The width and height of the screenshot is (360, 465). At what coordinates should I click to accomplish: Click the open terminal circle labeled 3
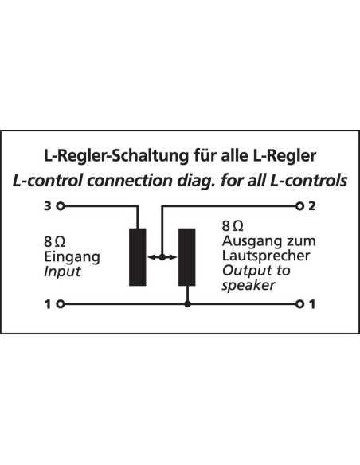coord(61,205)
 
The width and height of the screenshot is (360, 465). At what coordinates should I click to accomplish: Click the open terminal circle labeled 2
coord(299,205)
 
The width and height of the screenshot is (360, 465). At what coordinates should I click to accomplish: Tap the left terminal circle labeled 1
coord(61,304)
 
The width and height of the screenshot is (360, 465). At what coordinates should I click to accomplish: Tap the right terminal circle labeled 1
coord(299,304)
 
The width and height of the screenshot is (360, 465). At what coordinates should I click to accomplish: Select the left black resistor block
coord(138,257)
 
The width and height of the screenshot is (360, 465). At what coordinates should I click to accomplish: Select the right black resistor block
coord(187,257)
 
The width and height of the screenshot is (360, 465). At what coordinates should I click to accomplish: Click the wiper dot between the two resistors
coord(162,257)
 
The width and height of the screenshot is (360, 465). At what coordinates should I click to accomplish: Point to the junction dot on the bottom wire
coord(187,304)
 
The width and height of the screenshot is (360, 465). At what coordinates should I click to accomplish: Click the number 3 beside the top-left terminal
coord(48,205)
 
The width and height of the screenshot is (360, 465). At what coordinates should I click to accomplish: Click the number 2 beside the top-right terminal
coord(312,205)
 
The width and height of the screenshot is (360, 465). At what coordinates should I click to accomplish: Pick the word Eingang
coord(72,257)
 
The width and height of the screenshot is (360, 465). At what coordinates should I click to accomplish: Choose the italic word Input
coord(62,272)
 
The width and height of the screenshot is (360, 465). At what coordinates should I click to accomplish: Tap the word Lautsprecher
coord(266,256)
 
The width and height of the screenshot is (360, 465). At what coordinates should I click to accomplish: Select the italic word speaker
coord(248,285)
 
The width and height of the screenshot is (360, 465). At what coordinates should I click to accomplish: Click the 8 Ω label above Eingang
coord(55,242)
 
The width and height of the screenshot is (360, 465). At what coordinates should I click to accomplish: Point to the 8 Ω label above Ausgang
coord(233,226)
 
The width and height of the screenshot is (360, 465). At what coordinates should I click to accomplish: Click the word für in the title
coord(205,156)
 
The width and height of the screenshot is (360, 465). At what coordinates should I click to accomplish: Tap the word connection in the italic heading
coord(130,181)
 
